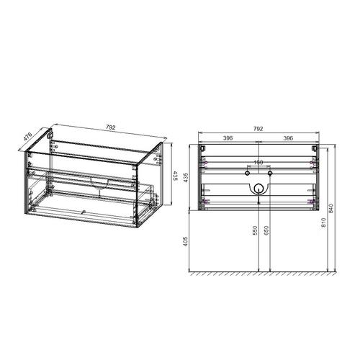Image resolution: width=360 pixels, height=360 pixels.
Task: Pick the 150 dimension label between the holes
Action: point(258,163)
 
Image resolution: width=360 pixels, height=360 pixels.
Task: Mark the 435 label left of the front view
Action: point(186,178)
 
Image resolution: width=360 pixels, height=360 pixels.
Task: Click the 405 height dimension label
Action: point(186,243)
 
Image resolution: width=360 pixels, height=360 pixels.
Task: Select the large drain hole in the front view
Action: point(258,189)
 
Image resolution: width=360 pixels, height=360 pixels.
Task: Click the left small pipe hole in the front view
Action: point(246,174)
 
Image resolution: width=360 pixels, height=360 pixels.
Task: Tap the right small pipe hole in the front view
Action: point(269,174)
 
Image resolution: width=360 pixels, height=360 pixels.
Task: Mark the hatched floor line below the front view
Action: point(258,275)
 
